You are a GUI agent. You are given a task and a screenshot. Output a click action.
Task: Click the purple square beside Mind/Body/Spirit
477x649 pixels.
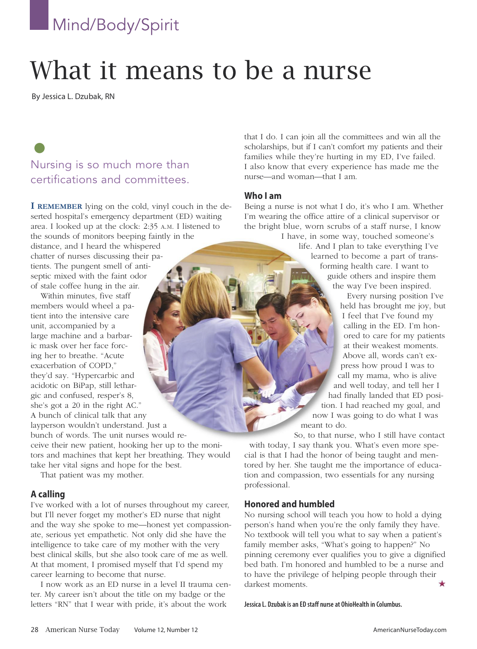click(39, 15)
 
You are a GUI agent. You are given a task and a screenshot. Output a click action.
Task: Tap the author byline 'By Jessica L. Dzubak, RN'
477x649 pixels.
click(73, 97)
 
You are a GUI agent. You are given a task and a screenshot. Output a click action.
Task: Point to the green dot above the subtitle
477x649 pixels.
click(39, 148)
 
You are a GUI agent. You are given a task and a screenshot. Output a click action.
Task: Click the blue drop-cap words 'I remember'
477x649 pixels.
click(57, 206)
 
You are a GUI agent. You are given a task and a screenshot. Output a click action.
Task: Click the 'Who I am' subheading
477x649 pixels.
click(263, 196)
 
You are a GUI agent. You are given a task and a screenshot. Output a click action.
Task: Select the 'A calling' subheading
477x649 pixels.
click(48, 494)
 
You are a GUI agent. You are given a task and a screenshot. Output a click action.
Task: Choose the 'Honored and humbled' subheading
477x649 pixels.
click(289, 504)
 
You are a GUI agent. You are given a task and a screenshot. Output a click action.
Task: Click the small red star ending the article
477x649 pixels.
click(442, 584)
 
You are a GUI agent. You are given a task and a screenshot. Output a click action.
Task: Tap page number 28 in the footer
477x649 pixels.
click(34, 630)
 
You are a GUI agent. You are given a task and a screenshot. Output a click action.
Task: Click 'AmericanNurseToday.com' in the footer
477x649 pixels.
click(410, 630)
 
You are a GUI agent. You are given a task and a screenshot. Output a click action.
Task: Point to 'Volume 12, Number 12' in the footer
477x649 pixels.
click(166, 630)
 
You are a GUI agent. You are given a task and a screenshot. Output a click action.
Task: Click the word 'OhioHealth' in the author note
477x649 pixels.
click(354, 604)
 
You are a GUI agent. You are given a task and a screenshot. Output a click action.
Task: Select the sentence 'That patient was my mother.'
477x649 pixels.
click(92, 475)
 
